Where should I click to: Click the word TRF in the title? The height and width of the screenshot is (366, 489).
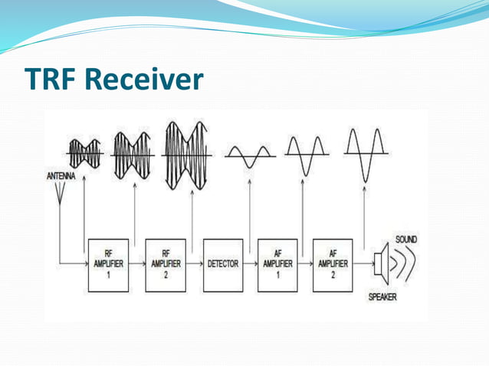(x=52, y=79)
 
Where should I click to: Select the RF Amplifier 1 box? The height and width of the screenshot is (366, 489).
(x=110, y=264)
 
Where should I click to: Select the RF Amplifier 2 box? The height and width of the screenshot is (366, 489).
(x=166, y=264)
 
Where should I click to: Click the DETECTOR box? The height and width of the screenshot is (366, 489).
(x=223, y=264)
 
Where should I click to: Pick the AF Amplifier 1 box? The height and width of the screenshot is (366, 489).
(x=277, y=264)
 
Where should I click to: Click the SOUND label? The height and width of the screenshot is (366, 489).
(x=405, y=240)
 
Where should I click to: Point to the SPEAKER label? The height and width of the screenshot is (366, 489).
(x=382, y=297)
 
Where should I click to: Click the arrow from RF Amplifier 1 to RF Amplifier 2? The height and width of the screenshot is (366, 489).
(x=138, y=263)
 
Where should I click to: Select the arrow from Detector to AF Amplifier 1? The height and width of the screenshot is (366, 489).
(x=250, y=263)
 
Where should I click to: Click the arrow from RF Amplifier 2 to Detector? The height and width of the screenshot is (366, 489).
(x=195, y=263)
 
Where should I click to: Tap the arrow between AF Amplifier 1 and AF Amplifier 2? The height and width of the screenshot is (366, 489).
(x=305, y=263)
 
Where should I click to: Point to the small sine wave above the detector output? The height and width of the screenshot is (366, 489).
(x=249, y=156)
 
